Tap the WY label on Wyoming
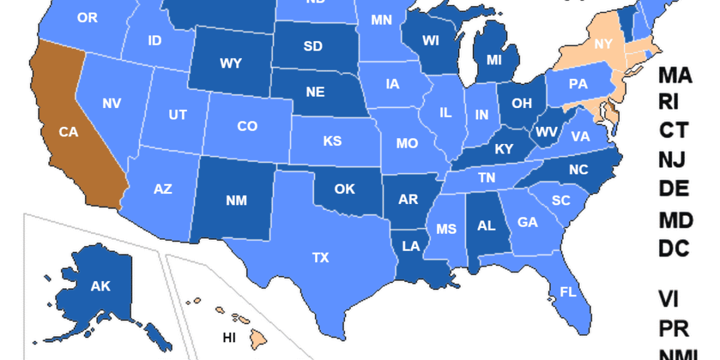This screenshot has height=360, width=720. point(231,63)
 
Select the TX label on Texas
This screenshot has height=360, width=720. point(321,258)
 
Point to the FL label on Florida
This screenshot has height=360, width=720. point(568,292)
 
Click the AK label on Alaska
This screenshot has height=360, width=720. point(100,286)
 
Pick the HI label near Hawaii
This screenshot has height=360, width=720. point(229,338)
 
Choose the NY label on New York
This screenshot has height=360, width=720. point(604,44)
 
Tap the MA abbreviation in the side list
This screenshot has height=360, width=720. point(675,76)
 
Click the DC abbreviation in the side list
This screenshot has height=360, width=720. point(674,249)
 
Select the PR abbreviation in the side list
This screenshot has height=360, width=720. point(673,328)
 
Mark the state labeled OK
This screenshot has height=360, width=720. point(345,189)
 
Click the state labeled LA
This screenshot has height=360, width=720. point(411,246)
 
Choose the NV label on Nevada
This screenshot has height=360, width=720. point(111,103)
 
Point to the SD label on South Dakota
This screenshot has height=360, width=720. point(313,46)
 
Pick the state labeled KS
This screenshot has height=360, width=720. point(332,141)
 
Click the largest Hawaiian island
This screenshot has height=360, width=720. point(259,338)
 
